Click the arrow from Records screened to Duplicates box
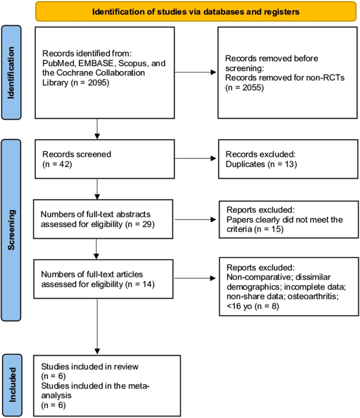[x=194, y=158]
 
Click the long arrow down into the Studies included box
[x=97, y=326]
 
